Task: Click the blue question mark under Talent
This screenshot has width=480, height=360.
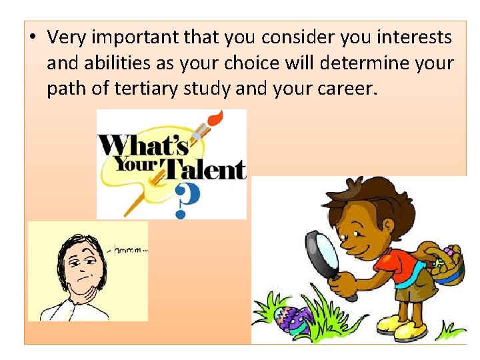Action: pos(186,199)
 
